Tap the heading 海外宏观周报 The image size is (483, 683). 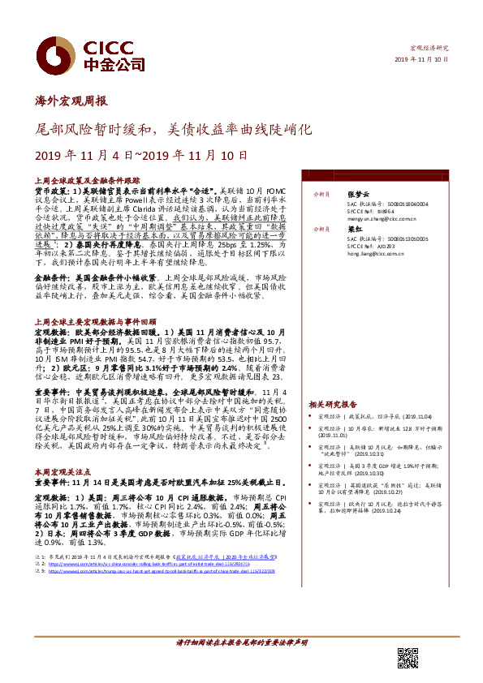pyautogui.click(x=73, y=102)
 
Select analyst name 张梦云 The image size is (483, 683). pyautogui.click(x=358, y=195)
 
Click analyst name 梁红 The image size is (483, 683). pyautogui.click(x=353, y=230)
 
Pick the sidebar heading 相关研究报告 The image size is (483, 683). pyautogui.click(x=333, y=403)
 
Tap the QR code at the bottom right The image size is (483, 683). pyautogui.click(x=407, y=658)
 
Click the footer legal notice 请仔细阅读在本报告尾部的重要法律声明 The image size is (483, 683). pyautogui.click(x=242, y=642)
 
